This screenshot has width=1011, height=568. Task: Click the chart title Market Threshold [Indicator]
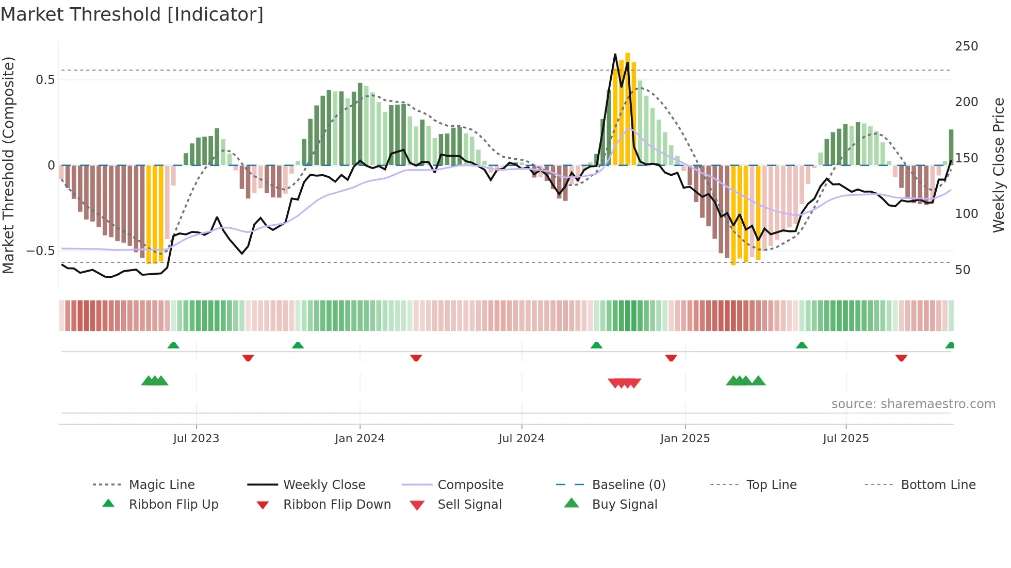(132, 14)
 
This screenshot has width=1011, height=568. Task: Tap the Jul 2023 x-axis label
(196, 439)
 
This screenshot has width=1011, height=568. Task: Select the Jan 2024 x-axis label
(360, 439)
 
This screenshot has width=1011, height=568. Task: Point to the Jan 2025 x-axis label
(684, 439)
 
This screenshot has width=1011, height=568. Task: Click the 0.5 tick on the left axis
(45, 80)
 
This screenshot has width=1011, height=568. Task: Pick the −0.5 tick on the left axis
(40, 251)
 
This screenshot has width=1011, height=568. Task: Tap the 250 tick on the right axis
(966, 46)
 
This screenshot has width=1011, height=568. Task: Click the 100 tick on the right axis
(966, 214)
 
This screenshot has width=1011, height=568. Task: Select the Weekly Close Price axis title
(999, 165)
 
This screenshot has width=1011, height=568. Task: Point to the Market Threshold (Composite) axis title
(8, 165)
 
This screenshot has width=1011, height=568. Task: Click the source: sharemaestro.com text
(913, 404)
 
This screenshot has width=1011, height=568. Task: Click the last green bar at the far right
(951, 147)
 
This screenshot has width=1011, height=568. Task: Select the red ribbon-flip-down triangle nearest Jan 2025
(671, 358)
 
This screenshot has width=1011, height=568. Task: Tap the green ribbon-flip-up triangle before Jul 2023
(173, 345)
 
